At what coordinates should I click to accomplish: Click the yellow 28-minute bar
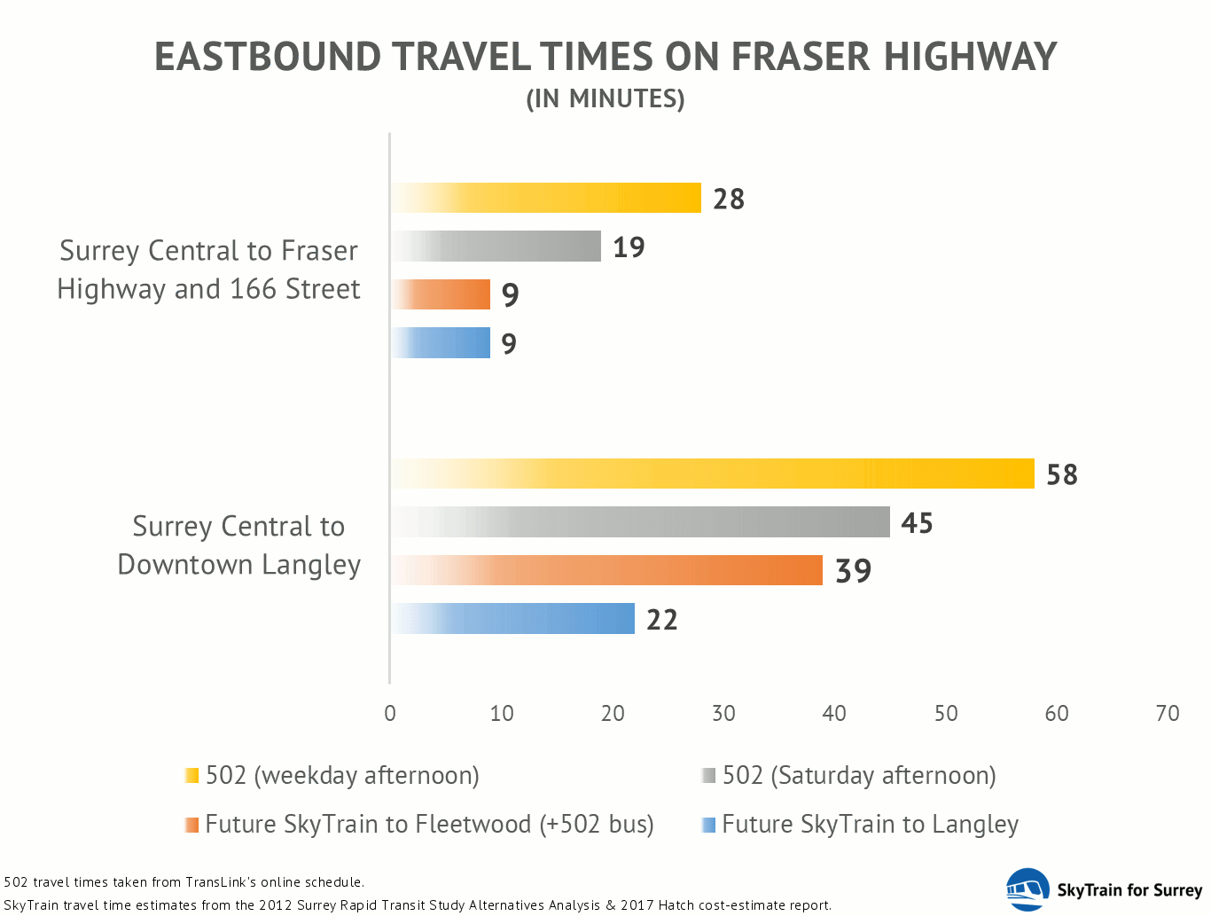point(546,198)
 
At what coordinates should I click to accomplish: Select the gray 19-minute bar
point(496,247)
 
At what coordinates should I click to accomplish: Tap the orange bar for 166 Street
point(441,294)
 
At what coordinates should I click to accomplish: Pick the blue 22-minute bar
point(513,618)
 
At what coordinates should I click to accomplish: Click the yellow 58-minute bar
point(713,474)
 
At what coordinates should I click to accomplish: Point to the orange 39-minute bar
point(607,570)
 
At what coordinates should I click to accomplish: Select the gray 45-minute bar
point(641,521)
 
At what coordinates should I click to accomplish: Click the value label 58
point(1062,474)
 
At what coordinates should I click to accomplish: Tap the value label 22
point(661,620)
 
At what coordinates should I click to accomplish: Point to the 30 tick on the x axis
point(723,714)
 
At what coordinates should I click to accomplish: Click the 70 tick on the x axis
point(1168,714)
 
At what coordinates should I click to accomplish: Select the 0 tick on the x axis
point(390,714)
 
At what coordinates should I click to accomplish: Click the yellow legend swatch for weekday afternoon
point(191,775)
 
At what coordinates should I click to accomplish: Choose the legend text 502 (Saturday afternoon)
point(859,776)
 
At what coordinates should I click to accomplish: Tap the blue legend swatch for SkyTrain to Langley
point(708,825)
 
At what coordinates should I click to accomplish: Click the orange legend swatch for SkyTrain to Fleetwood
point(191,825)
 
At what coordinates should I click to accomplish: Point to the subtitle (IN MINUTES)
point(605,99)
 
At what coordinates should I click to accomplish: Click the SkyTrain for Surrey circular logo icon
point(1027,889)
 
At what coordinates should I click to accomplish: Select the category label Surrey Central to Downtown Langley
point(238,545)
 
